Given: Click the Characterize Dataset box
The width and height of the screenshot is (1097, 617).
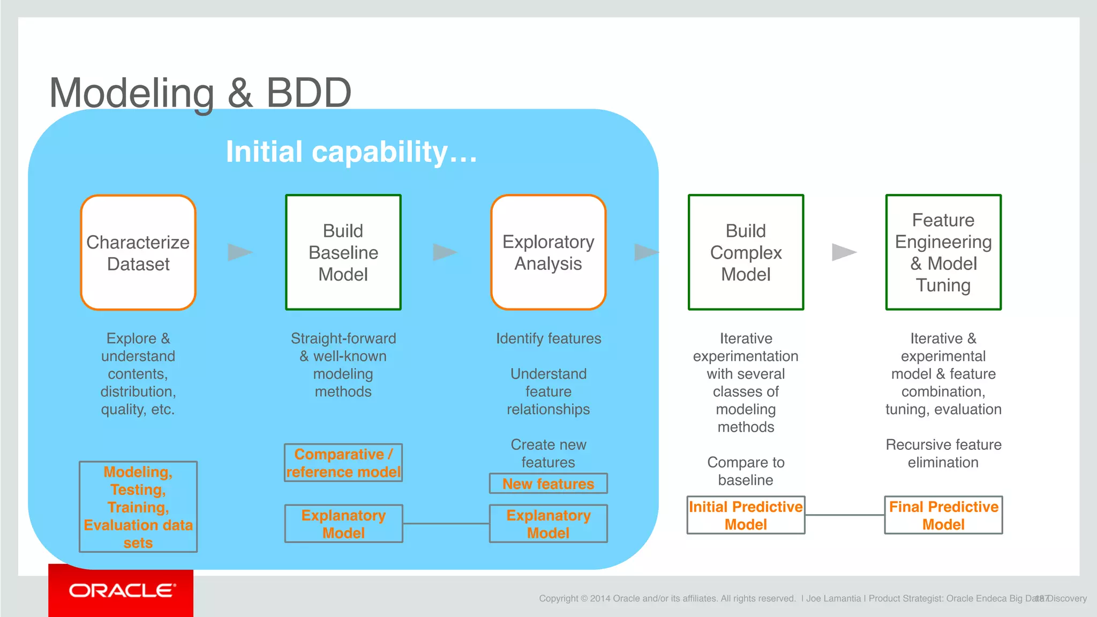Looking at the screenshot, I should coord(138,252).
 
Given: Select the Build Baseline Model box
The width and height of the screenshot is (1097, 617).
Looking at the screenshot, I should coord(343,252).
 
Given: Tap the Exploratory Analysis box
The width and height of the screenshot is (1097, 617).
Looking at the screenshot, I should coord(548,252).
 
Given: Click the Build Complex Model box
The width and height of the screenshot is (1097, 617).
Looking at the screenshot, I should coord(746,252).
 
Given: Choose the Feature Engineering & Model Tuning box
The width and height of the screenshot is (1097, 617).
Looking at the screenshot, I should coord(943,252).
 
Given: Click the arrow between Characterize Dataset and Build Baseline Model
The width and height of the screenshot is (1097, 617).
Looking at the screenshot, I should coord(239,252).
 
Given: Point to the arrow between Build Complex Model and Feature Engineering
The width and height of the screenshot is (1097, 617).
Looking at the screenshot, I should coord(843,252).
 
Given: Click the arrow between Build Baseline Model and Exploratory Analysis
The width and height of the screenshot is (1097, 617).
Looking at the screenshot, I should coord(444,252).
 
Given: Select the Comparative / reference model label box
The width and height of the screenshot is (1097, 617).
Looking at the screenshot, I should coord(343,463).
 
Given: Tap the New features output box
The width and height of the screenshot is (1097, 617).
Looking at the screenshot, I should coord(548,484).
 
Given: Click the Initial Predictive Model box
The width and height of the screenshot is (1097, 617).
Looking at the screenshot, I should coord(746,515).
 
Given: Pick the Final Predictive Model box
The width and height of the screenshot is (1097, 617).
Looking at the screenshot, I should coord(943,515).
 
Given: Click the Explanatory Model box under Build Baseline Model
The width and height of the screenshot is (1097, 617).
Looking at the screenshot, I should coord(343,524).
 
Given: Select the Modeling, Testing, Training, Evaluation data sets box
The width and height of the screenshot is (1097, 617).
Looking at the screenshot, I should coord(138,507).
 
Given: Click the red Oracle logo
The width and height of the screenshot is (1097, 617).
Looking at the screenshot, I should coord(121,591).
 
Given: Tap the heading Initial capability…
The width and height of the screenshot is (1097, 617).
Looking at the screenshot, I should coord(351,152).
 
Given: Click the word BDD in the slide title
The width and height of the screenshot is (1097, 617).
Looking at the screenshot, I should coord(309,93).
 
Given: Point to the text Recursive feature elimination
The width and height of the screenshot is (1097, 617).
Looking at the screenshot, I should coord(943,453).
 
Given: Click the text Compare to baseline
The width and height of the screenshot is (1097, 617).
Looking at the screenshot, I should coord(746,471).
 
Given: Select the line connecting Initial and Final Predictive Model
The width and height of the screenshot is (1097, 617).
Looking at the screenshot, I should coord(845,515).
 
